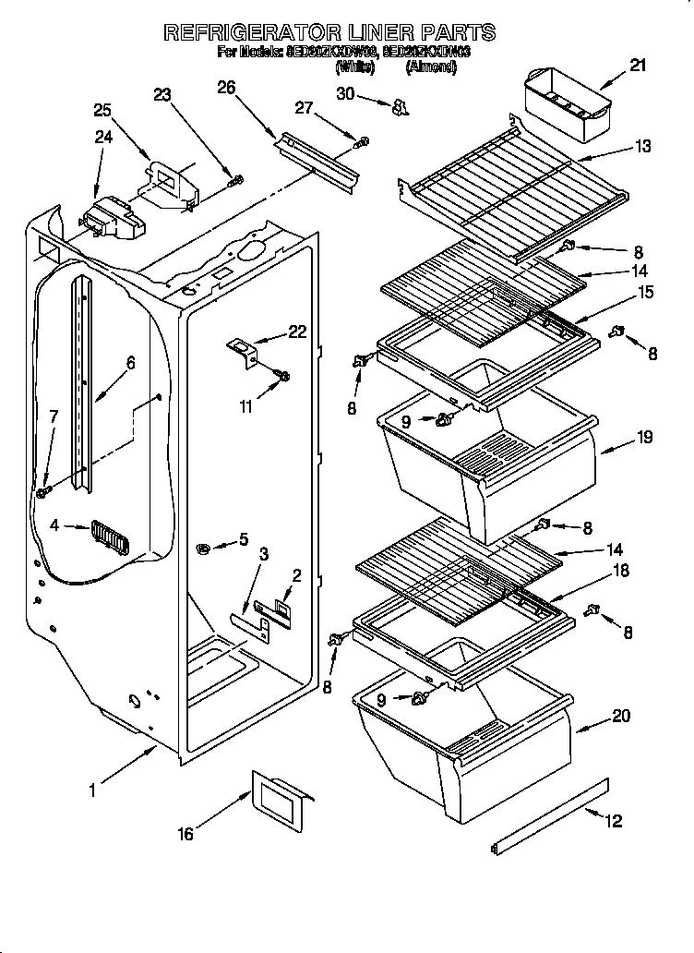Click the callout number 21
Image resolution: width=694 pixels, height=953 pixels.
coord(638,65)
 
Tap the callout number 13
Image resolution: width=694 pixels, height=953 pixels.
coord(642,146)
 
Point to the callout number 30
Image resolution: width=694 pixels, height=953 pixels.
coord(345,93)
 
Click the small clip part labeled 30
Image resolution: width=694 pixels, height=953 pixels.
coord(399,109)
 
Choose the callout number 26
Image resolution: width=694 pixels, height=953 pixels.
coord(226,88)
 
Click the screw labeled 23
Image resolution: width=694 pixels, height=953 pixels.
coord(236,179)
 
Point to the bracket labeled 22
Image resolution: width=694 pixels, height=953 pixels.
coord(243,351)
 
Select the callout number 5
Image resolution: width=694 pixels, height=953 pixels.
coord(243,538)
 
